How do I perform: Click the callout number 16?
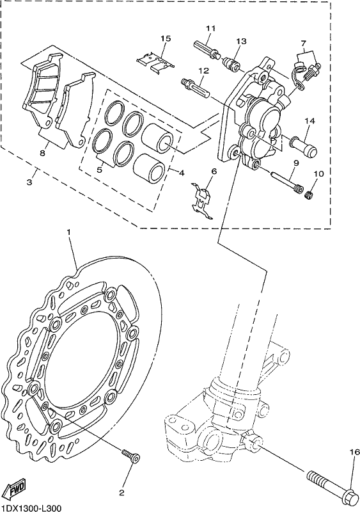(355, 452)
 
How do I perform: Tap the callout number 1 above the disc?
(68, 232)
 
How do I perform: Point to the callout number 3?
(29, 182)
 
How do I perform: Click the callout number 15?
(166, 38)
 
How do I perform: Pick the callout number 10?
(319, 173)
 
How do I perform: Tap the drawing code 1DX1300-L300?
(30, 508)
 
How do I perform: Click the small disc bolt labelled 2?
(130, 455)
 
